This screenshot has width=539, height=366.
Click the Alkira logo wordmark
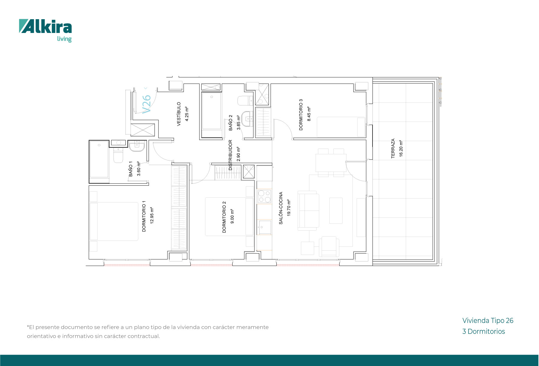click(x=46, y=26)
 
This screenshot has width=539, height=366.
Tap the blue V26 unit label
click(x=146, y=104)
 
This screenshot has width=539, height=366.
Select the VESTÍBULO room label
click(x=179, y=114)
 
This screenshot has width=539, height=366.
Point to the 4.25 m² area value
click(x=187, y=114)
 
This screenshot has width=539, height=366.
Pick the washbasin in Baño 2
click(x=247, y=119)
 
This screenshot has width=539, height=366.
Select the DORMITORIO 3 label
click(x=301, y=115)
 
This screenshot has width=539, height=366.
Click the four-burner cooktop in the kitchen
click(x=264, y=196)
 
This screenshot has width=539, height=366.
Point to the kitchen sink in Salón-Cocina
click(x=265, y=227)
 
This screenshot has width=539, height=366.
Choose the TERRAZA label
click(x=393, y=148)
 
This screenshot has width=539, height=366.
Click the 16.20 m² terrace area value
click(x=401, y=148)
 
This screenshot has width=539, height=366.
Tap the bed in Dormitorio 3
click(x=341, y=127)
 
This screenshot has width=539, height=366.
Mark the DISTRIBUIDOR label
click(x=230, y=155)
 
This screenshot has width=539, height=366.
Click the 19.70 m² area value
click(x=289, y=208)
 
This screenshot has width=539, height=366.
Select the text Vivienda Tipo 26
click(x=488, y=320)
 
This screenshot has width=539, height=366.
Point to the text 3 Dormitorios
click(x=484, y=331)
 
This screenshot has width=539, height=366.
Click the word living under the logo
click(x=64, y=39)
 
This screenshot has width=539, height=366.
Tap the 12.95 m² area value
click(x=152, y=215)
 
